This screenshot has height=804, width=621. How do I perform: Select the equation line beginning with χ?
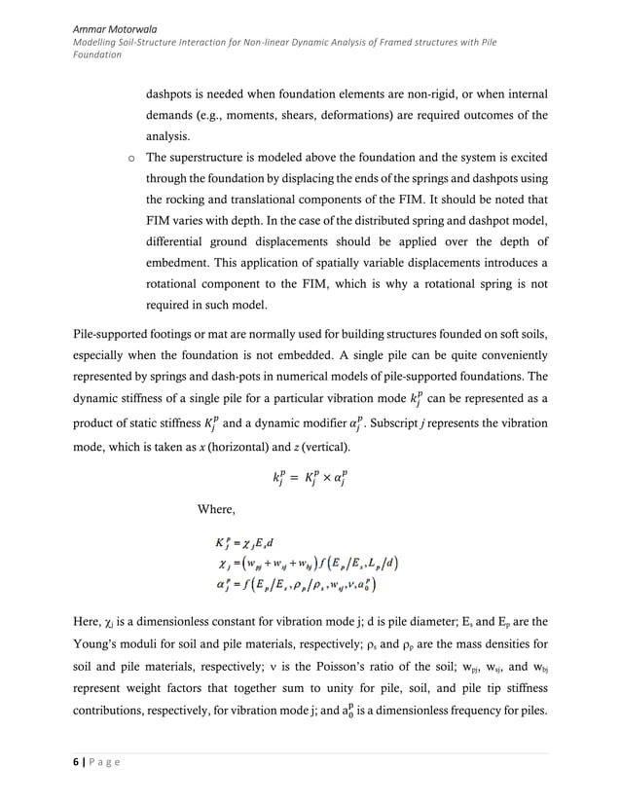[307, 564]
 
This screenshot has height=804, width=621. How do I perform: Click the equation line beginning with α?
[296, 585]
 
